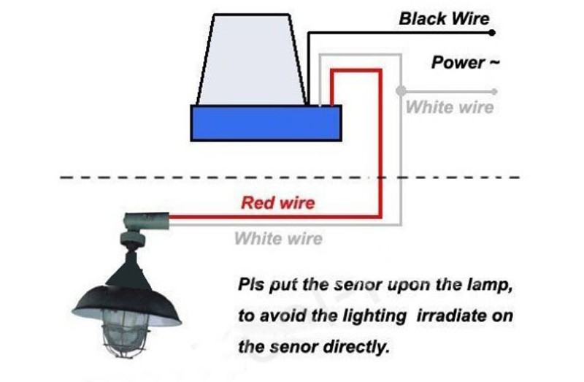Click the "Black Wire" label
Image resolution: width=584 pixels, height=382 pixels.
tap(444, 18)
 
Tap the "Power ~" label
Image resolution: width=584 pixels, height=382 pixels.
tap(465, 63)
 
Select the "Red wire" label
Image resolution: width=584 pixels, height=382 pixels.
tap(278, 202)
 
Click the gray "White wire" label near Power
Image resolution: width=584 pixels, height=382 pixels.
tap(449, 108)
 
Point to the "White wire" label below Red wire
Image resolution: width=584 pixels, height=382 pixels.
tap(278, 239)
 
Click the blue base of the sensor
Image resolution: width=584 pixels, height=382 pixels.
tap(266, 123)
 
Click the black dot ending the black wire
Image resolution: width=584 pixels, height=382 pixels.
tap(493, 33)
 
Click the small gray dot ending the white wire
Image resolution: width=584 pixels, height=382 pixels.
tap(495, 91)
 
